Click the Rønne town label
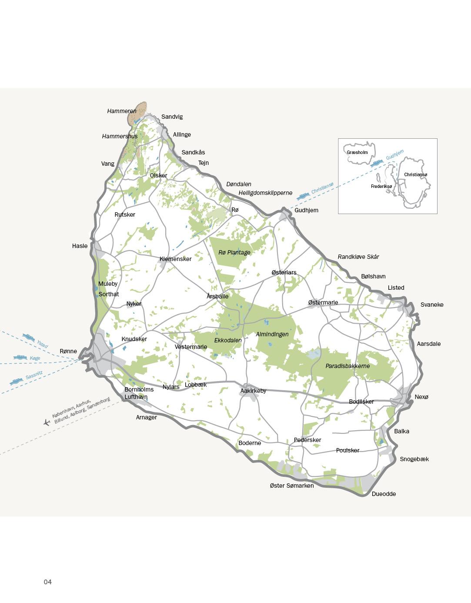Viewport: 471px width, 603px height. click(68, 351)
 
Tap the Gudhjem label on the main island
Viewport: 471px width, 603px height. click(306, 210)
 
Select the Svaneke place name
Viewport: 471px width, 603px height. click(431, 305)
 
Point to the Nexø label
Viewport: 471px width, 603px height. click(421, 397)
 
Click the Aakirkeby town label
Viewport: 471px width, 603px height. click(253, 391)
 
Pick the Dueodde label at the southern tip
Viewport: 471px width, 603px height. click(384, 494)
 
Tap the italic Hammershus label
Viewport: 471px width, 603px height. click(120, 136)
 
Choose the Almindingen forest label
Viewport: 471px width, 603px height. click(272, 334)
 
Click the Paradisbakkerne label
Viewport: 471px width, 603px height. click(347, 366)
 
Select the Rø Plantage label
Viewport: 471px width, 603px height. click(234, 252)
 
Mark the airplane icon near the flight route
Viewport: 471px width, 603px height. click(47, 422)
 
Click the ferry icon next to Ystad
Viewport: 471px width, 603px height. click(29, 337)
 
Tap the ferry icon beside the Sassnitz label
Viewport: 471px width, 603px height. click(16, 381)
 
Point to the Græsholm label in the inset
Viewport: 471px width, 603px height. click(357, 152)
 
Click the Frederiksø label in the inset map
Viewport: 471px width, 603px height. click(381, 186)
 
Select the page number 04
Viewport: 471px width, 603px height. click(47, 582)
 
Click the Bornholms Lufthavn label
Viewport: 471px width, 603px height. click(139, 393)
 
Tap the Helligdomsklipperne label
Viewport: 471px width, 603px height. click(265, 193)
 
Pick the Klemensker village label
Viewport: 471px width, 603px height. click(175, 259)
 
